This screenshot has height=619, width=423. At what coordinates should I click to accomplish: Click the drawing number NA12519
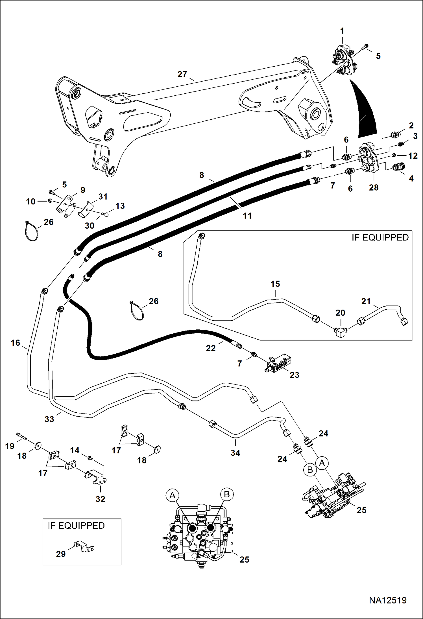pos(388,600)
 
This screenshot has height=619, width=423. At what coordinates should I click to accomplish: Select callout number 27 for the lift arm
pos(182,74)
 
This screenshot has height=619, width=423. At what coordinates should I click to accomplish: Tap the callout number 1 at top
pos(342,31)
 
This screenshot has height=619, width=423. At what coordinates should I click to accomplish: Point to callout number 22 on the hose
pos(211,348)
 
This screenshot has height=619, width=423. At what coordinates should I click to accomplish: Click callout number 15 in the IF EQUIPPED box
pos(275,284)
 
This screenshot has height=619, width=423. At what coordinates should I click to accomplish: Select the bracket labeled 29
pos(84,547)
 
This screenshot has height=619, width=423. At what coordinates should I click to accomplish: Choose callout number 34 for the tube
pos(235,453)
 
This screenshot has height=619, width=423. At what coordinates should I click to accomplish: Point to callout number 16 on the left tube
pos(15,343)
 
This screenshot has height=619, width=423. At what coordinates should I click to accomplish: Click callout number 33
pos(49,419)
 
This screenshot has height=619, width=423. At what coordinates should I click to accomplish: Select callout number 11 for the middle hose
pos(247,216)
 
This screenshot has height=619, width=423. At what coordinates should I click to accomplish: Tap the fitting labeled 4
pos(398,167)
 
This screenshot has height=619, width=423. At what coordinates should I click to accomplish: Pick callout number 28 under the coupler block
pos(374,187)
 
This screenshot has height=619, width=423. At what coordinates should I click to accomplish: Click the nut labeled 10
pos(50,200)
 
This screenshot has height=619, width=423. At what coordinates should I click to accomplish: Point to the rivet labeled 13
pos(106,214)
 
